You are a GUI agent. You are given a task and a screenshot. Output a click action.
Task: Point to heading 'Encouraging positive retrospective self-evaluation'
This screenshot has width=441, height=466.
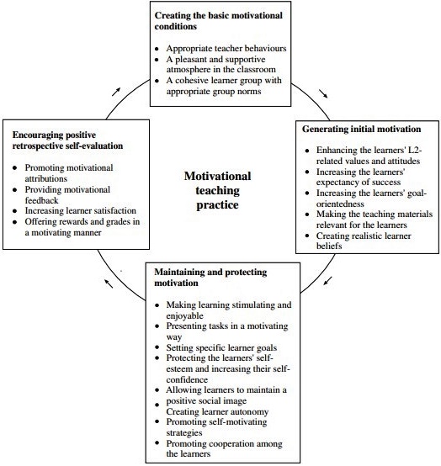click(x=65, y=139)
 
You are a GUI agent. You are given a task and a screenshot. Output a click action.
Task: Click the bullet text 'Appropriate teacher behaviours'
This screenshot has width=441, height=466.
click(x=226, y=48)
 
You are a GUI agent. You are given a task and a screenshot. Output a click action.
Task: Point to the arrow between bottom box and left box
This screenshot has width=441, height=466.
click(x=107, y=283)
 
